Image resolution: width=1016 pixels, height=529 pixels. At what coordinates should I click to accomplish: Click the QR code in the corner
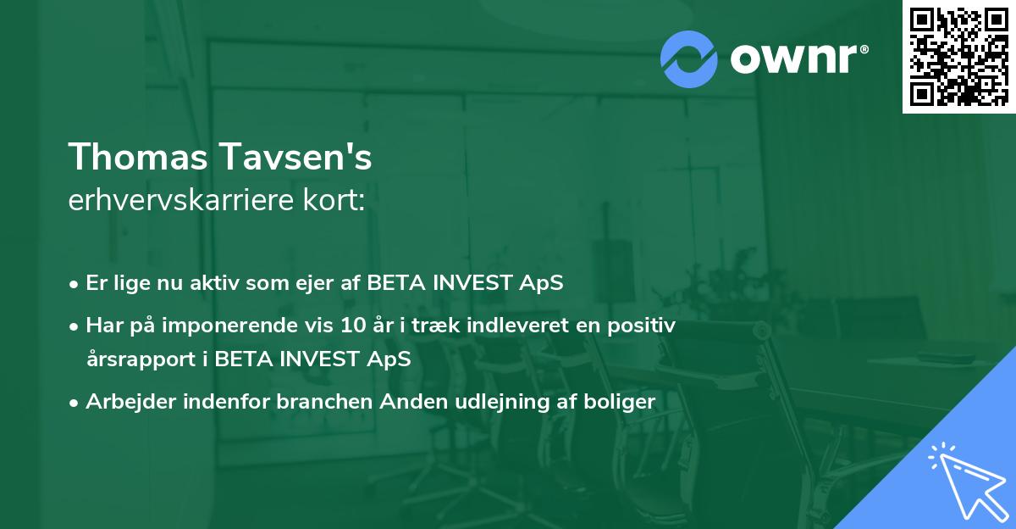[x=958, y=56]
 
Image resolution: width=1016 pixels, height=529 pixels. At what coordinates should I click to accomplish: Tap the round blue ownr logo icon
[x=689, y=59]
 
